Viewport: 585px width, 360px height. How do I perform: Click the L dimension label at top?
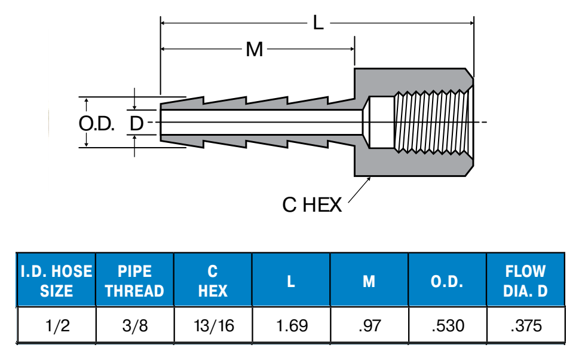click(x=318, y=23)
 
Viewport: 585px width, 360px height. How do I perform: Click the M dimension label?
click(x=255, y=50)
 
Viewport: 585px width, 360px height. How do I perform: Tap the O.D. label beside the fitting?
click(x=96, y=123)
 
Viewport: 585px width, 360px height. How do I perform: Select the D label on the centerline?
click(x=137, y=123)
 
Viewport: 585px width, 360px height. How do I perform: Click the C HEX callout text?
click(x=312, y=205)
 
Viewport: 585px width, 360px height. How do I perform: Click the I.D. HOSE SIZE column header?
click(x=56, y=280)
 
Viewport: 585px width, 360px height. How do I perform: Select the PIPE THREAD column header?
click(x=134, y=280)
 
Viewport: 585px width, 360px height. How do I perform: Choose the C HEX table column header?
click(x=213, y=280)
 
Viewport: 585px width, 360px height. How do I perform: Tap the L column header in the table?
click(x=291, y=280)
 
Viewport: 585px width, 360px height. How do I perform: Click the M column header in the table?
click(x=369, y=280)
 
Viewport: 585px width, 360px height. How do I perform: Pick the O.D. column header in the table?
click(x=447, y=280)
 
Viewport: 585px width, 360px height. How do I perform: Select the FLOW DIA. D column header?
click(x=526, y=280)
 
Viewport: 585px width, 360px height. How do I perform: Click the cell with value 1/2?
click(x=56, y=326)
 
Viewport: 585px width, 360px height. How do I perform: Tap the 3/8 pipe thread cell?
click(x=134, y=326)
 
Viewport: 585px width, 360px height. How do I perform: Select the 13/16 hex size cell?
click(x=213, y=326)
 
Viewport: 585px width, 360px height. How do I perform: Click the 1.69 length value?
click(x=292, y=326)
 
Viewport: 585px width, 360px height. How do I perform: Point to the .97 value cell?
click(x=369, y=326)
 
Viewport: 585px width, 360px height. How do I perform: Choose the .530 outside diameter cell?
click(x=448, y=326)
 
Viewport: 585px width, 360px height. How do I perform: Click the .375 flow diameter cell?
click(x=526, y=326)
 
